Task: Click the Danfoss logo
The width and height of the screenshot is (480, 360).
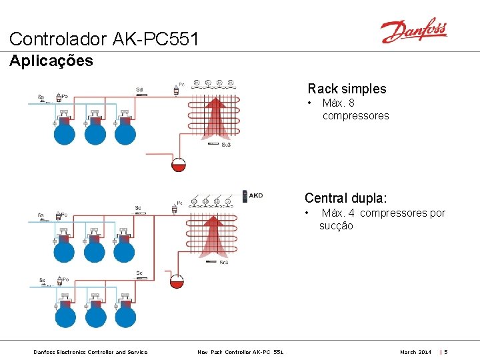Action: click(413, 31)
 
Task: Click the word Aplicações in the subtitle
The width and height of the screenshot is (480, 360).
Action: click(51, 61)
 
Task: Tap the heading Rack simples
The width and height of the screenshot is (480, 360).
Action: click(347, 89)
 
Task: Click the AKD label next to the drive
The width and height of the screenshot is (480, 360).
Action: click(255, 196)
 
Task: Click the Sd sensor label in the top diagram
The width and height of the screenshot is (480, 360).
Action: click(139, 89)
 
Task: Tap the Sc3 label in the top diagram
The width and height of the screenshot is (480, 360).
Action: click(225, 145)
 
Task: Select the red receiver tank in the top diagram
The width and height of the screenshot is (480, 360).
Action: click(179, 164)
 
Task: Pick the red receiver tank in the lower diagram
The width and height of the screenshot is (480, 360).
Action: click(177, 280)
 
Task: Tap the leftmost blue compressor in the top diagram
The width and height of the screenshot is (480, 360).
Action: click(65, 133)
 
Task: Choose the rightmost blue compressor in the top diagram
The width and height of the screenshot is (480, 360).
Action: click(125, 133)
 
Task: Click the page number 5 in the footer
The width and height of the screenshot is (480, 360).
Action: click(446, 352)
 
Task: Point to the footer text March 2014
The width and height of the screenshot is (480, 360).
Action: click(415, 352)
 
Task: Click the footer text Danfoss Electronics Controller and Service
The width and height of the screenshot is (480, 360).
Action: click(90, 352)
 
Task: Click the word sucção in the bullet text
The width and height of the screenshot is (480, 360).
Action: click(336, 225)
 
